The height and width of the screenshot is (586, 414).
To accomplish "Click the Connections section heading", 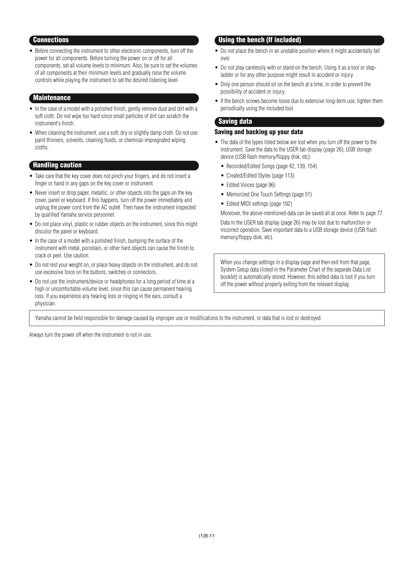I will coord(51,40).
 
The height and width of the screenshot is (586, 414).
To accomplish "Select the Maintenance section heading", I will coord(52,98).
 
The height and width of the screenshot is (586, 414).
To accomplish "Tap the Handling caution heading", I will coord(57,165).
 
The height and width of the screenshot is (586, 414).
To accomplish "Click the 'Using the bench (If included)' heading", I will coord(260,40).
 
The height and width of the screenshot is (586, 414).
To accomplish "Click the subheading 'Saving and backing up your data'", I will coord(259,132).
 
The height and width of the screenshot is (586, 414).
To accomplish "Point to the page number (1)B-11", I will coord(206,536).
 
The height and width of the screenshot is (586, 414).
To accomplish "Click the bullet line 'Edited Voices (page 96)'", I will coord(251,185).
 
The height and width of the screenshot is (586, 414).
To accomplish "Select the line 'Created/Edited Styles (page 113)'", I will coord(260,176).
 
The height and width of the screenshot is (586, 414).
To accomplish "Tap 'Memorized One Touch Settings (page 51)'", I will coord(269,194).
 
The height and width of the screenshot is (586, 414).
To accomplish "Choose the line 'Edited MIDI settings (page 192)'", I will coord(259,204).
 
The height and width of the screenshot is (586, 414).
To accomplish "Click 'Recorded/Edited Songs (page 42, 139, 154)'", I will coord(271,166).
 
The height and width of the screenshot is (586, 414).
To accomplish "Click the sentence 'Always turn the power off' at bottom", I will coord(91,335).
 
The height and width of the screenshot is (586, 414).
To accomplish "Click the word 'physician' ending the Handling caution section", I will coord(45,304).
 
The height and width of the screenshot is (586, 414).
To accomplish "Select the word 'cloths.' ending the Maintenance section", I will coord(42,148).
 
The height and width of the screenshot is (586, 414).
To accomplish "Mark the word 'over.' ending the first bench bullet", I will coord(225,58).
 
